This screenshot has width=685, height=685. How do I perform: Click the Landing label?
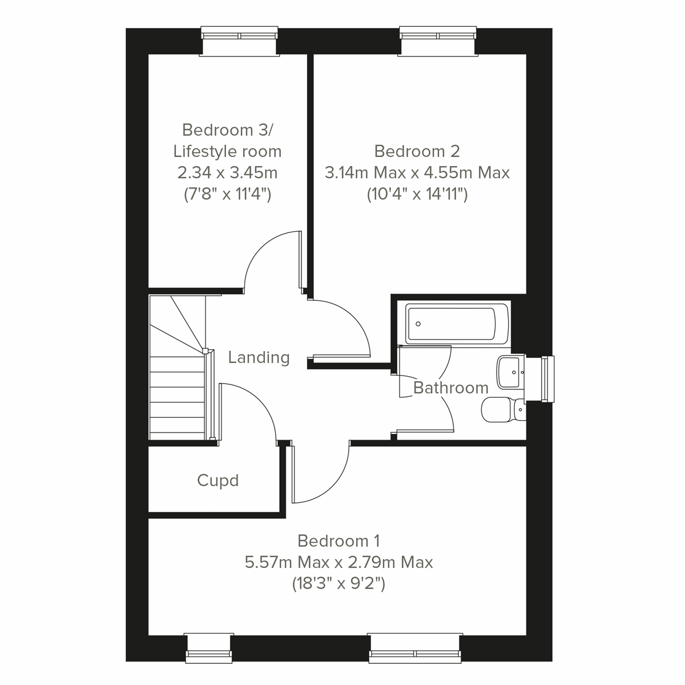point(259,358)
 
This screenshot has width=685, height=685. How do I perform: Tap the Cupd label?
point(217,481)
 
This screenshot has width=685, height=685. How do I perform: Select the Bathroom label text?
point(450,388)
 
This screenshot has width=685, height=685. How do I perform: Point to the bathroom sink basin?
point(509,372)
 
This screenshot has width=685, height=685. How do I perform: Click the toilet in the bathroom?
point(502,409)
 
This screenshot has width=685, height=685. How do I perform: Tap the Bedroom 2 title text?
point(417,151)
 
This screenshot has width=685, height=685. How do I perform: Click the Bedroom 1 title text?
point(339,541)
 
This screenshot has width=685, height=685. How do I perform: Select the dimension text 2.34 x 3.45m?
point(227,172)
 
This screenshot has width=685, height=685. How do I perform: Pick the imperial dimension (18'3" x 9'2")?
point(339,584)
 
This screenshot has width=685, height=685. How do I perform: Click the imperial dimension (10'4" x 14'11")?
point(417,195)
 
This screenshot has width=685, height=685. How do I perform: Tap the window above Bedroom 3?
point(240,42)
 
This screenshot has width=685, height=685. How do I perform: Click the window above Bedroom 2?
point(437,42)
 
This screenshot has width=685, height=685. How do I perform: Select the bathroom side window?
point(547,379)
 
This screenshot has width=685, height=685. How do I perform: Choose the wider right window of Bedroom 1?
point(415,647)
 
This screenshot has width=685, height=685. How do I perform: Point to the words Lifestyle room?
point(227,151)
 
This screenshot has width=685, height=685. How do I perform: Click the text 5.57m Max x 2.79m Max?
point(339,562)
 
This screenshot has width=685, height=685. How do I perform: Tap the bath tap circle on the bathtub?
point(418,324)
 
